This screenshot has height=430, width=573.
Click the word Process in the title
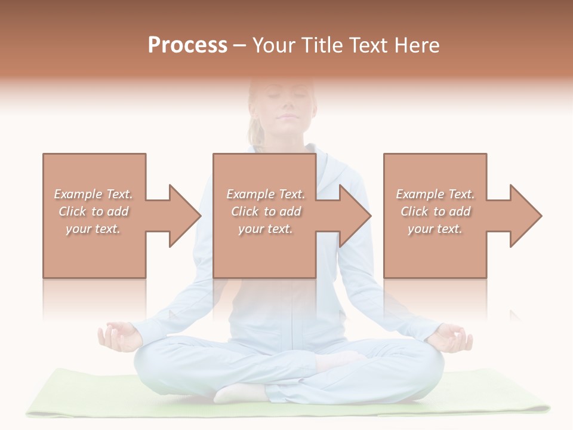pos(187,45)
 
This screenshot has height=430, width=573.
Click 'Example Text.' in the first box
pos(94,194)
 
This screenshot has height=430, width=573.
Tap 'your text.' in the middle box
pos(265,229)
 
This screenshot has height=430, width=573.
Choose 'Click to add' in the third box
pos(436,211)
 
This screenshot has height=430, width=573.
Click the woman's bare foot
pos(239,392)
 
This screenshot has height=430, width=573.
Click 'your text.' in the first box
pos(93,229)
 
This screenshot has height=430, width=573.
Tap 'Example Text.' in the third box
pos(435,194)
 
